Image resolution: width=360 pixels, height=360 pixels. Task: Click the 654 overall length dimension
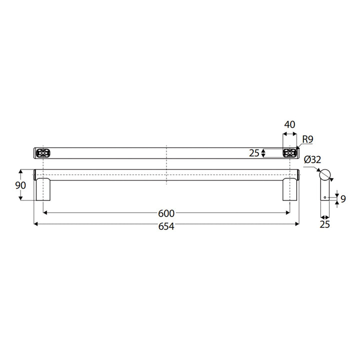point(166,226)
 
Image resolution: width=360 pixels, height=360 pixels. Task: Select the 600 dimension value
point(166,213)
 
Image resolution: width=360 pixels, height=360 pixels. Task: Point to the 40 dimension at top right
point(289,124)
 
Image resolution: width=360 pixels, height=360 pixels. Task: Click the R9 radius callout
point(307,139)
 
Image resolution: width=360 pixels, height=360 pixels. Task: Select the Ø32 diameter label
point(312,160)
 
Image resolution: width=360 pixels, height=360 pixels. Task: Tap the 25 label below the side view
point(325,225)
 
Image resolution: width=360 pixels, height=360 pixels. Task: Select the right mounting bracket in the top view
point(289,152)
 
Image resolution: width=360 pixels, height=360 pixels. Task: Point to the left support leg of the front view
point(43,189)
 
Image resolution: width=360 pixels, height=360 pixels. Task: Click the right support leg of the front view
point(290,189)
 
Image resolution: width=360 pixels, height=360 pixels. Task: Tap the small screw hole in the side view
point(325,197)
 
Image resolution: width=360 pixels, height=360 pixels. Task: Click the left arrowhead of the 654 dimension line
point(35,223)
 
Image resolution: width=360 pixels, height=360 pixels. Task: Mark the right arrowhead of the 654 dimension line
point(297,223)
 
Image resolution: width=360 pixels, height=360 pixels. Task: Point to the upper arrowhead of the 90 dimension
point(20,171)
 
